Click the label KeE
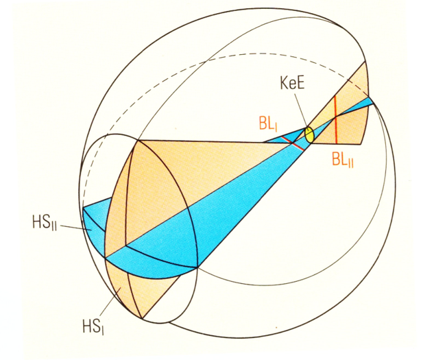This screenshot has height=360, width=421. coord(292,83)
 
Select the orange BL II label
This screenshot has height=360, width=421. coord(343,160)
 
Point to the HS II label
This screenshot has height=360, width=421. coord(45,223)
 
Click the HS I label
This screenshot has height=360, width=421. coord(93,328)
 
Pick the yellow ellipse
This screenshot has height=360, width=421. coord(309,135)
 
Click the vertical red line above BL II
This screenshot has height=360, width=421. coord(335,119)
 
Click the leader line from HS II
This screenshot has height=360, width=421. coord(74,228)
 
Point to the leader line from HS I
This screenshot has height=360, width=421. coord(110,302)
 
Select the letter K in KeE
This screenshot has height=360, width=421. coord(285,83)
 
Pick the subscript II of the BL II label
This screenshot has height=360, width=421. coord(350,163)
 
